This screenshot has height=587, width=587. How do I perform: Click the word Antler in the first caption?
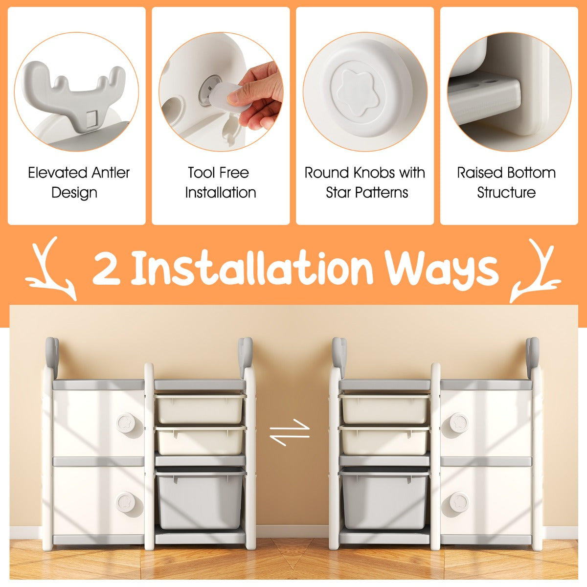pyautogui.click(x=111, y=173)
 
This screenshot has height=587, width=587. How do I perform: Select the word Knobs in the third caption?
pyautogui.click(x=374, y=173)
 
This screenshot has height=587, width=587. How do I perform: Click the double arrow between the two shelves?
pyautogui.click(x=290, y=433)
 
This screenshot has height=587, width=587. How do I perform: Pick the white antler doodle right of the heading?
pyautogui.click(x=536, y=270)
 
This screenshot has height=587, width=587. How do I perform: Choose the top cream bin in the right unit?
pyautogui.click(x=384, y=408)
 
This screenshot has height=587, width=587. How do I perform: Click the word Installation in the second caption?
pyautogui.click(x=221, y=193)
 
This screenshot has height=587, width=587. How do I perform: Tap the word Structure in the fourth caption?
pyautogui.click(x=506, y=193)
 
